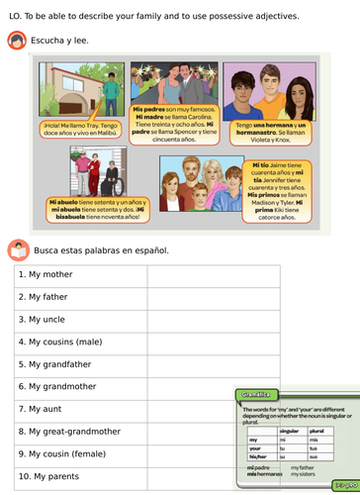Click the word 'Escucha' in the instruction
49,42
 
